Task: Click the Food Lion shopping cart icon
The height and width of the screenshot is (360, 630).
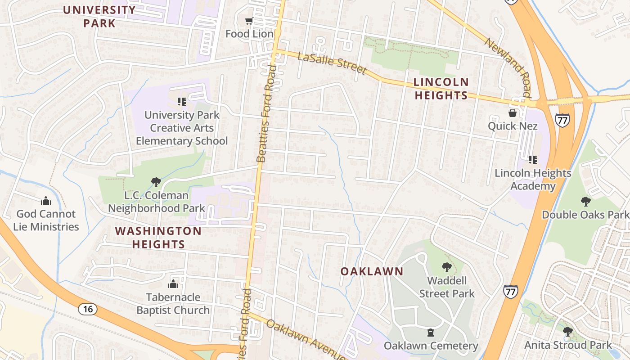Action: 249,21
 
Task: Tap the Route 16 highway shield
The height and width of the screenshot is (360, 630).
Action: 88,309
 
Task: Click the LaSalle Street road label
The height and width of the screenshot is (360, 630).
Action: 332,62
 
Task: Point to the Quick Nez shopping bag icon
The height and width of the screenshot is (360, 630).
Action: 512,112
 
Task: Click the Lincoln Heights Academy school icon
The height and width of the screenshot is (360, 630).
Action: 533,159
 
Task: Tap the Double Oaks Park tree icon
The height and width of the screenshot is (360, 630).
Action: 585,201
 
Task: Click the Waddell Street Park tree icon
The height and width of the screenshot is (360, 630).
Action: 446,267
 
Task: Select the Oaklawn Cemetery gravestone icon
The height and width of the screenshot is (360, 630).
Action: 431,333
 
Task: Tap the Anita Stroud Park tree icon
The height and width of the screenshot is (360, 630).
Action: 568,332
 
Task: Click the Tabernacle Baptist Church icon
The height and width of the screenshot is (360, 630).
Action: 173,284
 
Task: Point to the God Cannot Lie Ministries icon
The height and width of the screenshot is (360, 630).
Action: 45,201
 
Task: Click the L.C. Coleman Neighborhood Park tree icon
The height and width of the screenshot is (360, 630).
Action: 156,182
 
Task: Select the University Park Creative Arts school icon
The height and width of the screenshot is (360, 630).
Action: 182,102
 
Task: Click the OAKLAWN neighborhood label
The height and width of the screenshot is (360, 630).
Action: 372,271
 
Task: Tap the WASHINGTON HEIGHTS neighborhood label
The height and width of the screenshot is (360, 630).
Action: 158,238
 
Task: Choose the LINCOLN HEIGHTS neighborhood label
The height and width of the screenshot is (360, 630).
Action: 441,89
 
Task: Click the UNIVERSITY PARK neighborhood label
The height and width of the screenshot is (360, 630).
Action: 99,16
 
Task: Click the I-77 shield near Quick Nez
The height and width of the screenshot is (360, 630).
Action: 562,120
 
